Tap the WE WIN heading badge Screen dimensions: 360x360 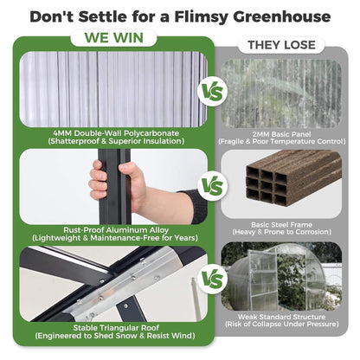click(115, 39)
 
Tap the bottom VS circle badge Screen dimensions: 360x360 click(210, 280)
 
